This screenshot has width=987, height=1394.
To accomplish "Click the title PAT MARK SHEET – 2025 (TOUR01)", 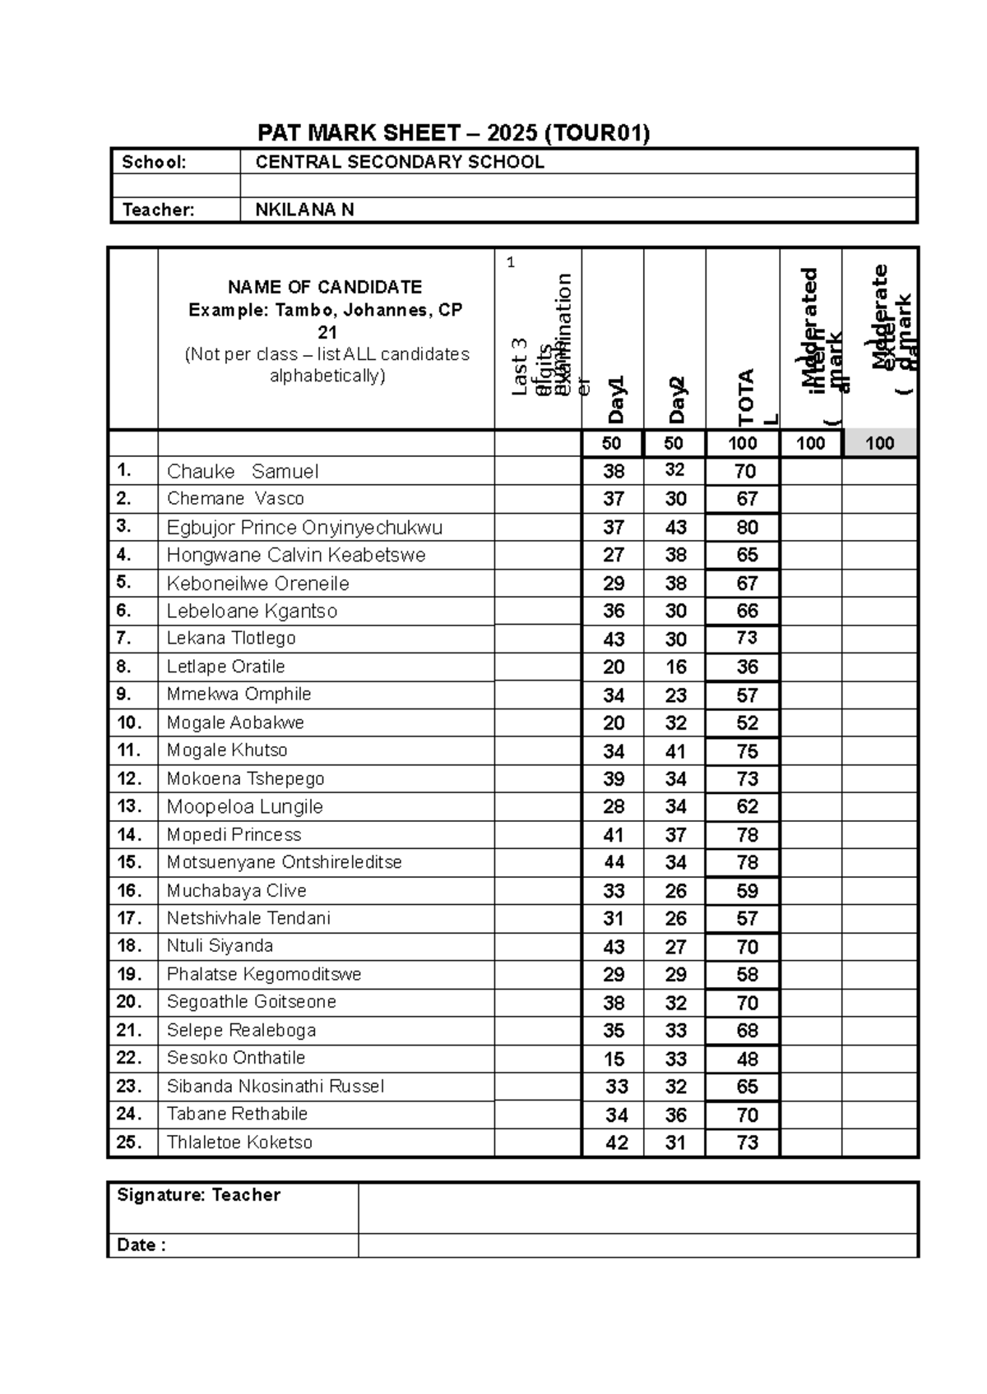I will tap(453, 133).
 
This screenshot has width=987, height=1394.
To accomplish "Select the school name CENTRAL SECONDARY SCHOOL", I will tap(400, 162).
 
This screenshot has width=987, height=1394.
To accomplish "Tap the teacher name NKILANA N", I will tap(304, 210).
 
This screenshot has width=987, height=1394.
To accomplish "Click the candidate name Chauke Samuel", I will tap(243, 471).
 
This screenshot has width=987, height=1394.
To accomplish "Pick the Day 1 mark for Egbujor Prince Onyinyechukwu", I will tap(614, 527).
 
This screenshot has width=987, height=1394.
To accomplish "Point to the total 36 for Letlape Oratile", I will tap(747, 667).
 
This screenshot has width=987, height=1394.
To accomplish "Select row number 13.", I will tap(129, 806).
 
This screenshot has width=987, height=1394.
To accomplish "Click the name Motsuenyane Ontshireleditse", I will tap(284, 862).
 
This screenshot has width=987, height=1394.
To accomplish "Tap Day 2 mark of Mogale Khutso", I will tap(675, 751).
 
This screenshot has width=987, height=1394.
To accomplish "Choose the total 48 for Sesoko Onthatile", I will tap(747, 1059).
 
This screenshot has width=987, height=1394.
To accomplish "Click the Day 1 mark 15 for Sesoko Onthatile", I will tap(614, 1059).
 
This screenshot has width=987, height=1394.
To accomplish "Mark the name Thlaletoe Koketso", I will tap(239, 1142).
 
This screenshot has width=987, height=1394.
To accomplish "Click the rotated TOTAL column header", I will tap(747, 396).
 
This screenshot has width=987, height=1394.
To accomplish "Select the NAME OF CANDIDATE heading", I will tap(325, 287).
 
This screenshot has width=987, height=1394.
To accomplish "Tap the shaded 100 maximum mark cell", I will tap(879, 444).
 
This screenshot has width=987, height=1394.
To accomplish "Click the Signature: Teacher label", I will tap(198, 1195).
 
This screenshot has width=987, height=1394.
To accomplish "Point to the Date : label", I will tap(141, 1245).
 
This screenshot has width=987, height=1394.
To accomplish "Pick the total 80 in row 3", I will tap(747, 527).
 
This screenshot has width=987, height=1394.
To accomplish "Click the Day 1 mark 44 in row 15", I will tap(614, 862).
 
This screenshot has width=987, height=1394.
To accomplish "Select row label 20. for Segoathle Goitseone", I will tap(129, 1002).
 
